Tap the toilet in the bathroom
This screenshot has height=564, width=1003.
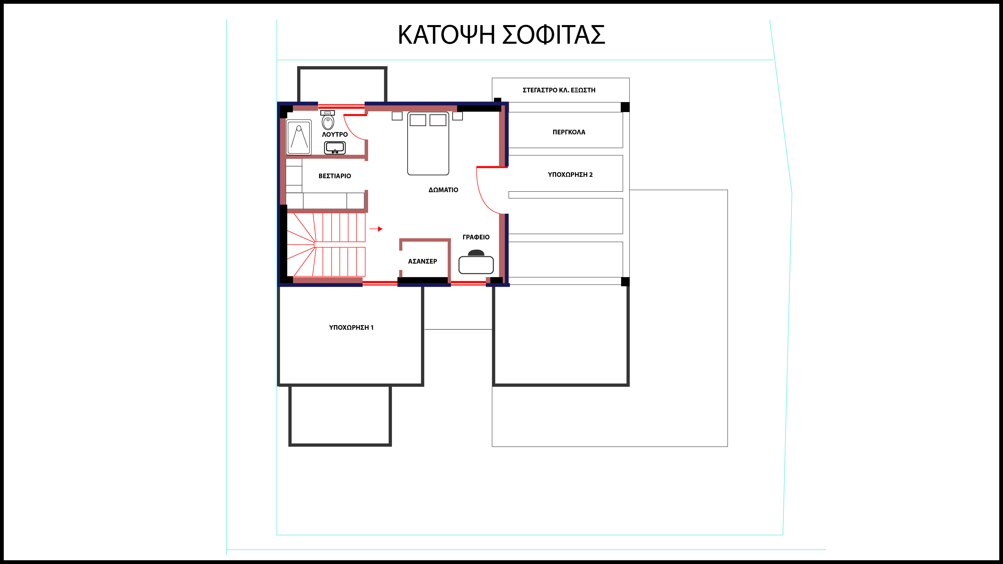(x=328, y=120)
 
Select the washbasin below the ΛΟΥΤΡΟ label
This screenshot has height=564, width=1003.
(x=335, y=148)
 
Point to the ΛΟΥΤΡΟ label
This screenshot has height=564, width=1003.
(x=335, y=134)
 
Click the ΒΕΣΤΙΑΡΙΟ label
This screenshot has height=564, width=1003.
(x=335, y=176)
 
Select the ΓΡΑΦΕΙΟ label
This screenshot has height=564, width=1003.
(x=476, y=237)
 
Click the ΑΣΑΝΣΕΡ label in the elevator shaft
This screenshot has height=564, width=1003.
(x=423, y=261)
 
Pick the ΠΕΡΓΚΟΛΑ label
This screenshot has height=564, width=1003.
(x=569, y=132)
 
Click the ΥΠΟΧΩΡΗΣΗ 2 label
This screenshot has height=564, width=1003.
(x=570, y=175)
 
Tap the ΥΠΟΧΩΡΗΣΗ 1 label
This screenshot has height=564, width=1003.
(x=351, y=328)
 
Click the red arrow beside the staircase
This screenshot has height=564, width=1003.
(x=376, y=229)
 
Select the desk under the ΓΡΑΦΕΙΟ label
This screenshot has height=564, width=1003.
(x=476, y=265)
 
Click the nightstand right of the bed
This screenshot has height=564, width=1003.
(x=458, y=116)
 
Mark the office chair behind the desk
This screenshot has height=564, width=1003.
(x=476, y=253)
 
